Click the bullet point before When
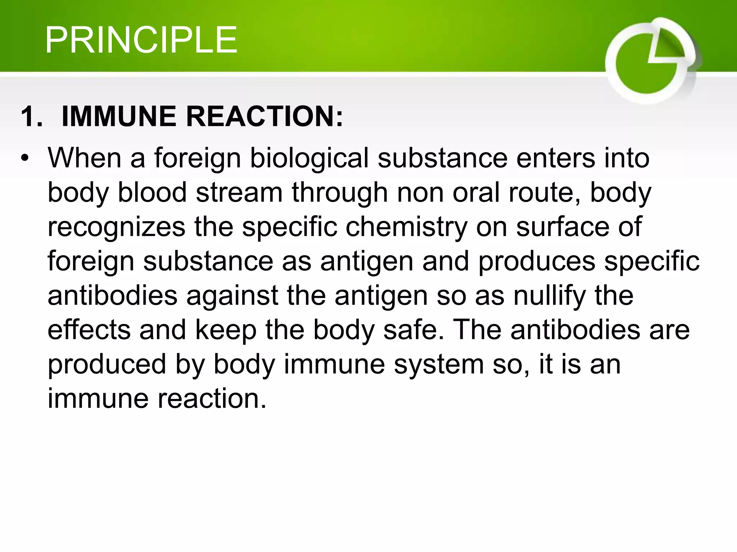24,158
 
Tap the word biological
309,158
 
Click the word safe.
413,330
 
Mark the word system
439,364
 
